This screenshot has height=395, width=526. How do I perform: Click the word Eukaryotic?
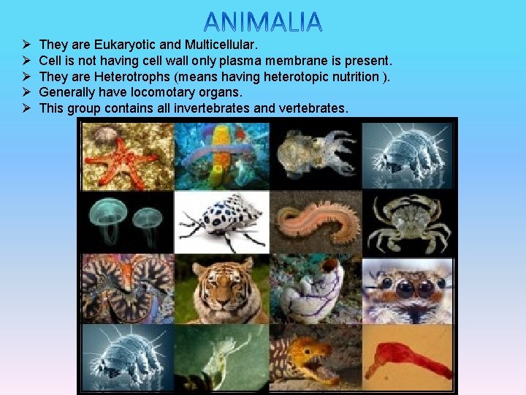121,45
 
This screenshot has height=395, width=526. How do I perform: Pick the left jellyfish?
105,217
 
